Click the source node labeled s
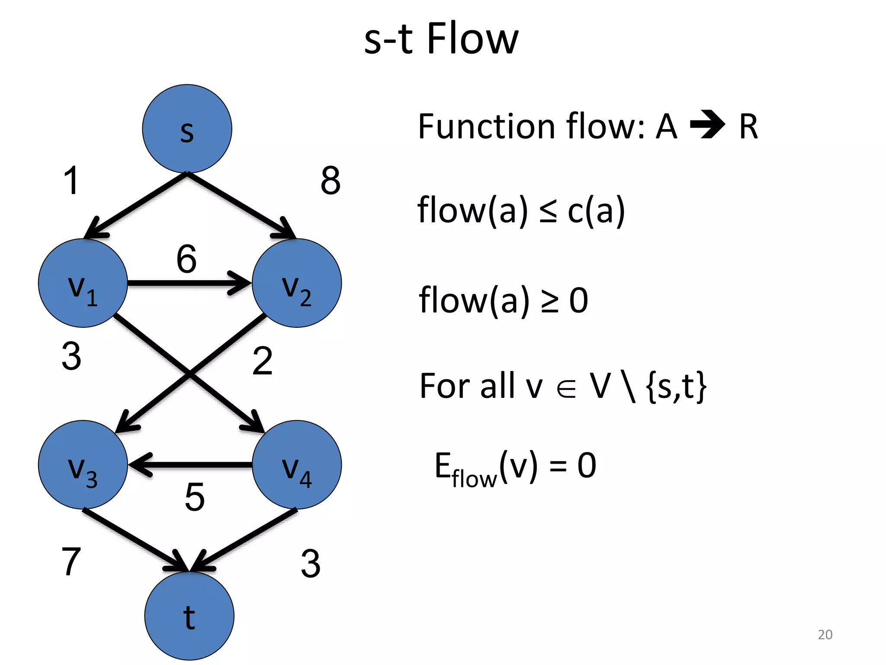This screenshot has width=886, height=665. click(x=187, y=129)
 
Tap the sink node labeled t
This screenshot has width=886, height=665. click(x=189, y=616)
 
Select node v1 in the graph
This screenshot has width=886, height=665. click(x=83, y=283)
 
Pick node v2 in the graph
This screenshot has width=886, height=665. click(x=297, y=283)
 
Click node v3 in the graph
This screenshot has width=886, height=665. click(x=83, y=465)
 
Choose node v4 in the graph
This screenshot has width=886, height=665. click(x=297, y=465)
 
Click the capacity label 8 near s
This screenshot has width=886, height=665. click(x=331, y=181)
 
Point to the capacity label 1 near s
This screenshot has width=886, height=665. click(x=71, y=181)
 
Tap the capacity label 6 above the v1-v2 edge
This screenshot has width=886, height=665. click(x=186, y=259)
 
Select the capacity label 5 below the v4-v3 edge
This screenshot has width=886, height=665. click(x=194, y=497)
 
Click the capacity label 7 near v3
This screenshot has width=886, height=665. click(x=71, y=562)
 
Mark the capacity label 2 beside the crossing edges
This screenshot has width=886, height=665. click(x=262, y=361)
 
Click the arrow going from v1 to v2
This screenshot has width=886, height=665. click(x=189, y=283)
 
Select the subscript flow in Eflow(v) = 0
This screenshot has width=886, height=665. click(x=474, y=479)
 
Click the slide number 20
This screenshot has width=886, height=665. click(x=825, y=634)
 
